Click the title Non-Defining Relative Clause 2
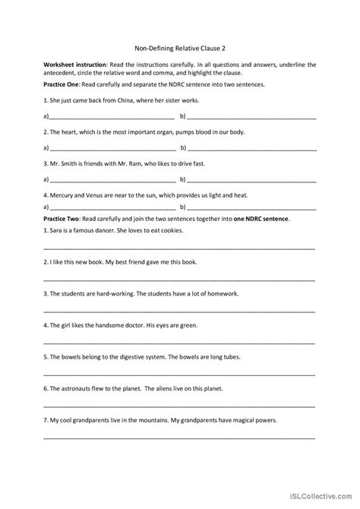(x=179, y=46)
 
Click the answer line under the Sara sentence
(x=179, y=248)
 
